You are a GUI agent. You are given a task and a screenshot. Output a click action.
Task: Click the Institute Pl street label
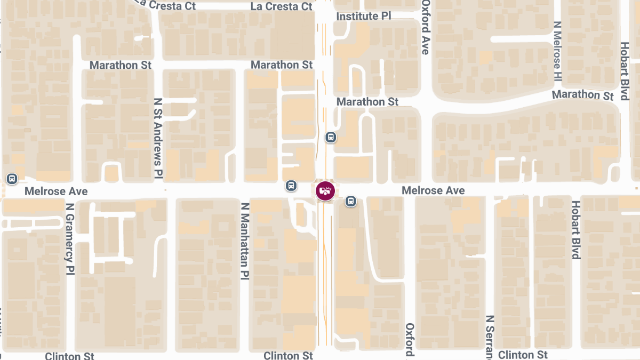click(x=364, y=17)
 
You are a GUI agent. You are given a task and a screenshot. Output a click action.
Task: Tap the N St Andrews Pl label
click(x=158, y=138)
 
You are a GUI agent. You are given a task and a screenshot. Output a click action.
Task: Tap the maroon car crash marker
click(x=325, y=190)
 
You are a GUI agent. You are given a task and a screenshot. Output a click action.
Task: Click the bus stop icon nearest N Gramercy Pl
click(x=12, y=178)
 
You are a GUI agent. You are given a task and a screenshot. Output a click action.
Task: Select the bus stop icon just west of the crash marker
click(x=291, y=186)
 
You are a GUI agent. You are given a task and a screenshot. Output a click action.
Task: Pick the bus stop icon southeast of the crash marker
click(x=350, y=201)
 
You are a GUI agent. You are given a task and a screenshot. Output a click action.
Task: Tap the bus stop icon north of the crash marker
click(x=331, y=138)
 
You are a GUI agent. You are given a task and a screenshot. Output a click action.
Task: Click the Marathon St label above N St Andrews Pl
click(x=121, y=65)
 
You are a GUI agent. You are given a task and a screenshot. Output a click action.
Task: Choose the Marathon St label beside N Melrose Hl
click(x=582, y=95)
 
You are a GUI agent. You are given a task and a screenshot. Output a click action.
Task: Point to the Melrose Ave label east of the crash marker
click(x=433, y=190)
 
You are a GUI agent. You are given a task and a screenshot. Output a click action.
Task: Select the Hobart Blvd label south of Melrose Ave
click(x=575, y=229)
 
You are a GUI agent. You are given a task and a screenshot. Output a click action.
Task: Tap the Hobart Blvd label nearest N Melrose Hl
click(x=624, y=71)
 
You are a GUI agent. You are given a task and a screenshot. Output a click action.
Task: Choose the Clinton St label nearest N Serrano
click(x=523, y=355)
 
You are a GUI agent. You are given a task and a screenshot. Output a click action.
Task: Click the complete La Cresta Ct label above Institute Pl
click(x=281, y=6)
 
